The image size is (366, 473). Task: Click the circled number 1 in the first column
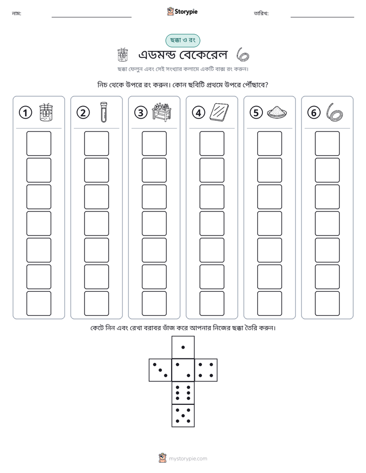point(25,113)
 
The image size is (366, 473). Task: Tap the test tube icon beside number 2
point(104,112)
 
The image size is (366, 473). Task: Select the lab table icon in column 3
point(161,112)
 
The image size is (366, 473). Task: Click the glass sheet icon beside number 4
point(219,112)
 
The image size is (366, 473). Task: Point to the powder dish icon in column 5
point(277,112)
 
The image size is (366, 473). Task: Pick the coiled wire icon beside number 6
point(334,112)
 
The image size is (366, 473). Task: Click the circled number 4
point(198,113)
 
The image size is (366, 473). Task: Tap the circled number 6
point(314,113)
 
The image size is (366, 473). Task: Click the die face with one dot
point(183,348)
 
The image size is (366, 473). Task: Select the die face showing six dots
point(183,393)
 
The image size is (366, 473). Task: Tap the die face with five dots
point(183,416)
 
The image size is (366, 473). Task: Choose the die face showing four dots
point(206,370)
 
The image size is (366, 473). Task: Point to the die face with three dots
point(160,370)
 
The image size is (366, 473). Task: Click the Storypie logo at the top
point(182,11)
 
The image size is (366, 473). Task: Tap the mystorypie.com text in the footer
point(188,459)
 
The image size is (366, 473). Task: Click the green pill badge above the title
point(182,40)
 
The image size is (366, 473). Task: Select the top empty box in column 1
point(38,143)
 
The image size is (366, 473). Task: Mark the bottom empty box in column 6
point(328,304)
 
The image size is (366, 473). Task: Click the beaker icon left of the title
point(123,55)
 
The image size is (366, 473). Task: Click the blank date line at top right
point(322,17)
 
